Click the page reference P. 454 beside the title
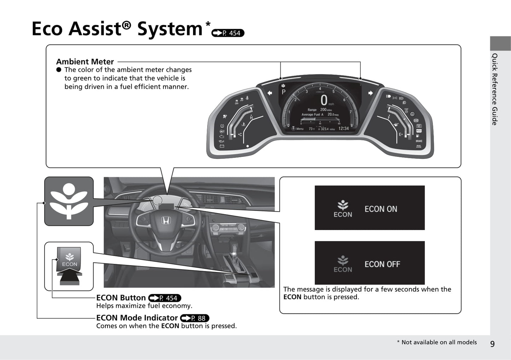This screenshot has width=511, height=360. click(x=228, y=33)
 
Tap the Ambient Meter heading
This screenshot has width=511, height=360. click(x=85, y=61)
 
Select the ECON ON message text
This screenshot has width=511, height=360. click(x=381, y=209)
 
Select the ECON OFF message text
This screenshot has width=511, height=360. click(x=382, y=264)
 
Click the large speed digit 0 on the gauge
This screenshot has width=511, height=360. click(x=324, y=100)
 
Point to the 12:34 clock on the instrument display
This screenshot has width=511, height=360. click(x=343, y=129)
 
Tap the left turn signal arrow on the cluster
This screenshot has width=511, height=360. click(x=270, y=93)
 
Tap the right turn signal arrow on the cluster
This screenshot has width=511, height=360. click(x=370, y=93)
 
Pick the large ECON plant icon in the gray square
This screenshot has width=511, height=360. click(x=69, y=201)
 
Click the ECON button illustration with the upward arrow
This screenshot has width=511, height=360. click(x=69, y=263)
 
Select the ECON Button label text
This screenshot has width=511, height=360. click(x=121, y=298)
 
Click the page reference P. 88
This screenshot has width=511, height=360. click(x=195, y=318)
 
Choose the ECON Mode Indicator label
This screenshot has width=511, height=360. click(x=137, y=318)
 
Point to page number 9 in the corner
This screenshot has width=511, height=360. click(x=492, y=343)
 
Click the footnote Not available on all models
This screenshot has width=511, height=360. click(x=437, y=342)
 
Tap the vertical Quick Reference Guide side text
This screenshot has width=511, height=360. click(x=495, y=89)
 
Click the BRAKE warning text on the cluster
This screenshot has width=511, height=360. click(x=419, y=141)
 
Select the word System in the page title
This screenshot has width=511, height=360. click(x=170, y=29)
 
